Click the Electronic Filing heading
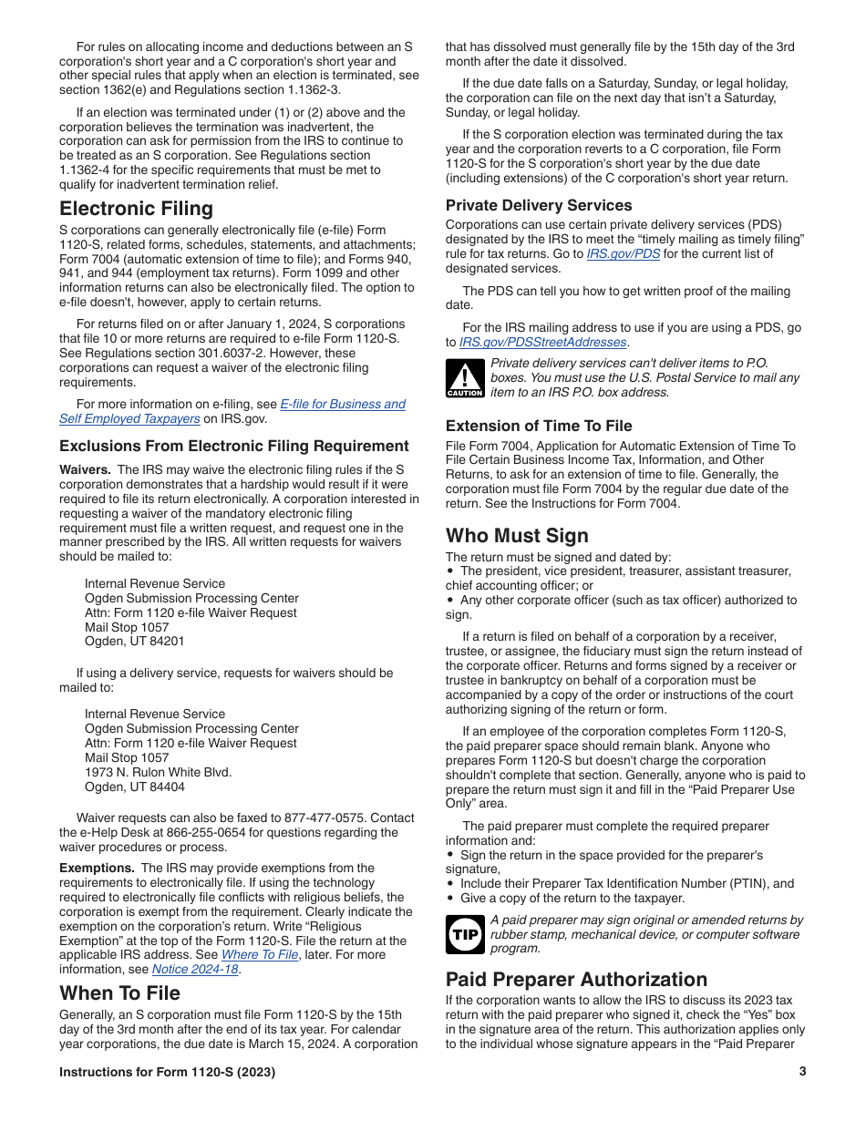pyautogui.click(x=136, y=209)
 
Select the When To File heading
pyautogui.click(x=119, y=992)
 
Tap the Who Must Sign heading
pyautogui.click(x=517, y=535)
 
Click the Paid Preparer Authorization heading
pyautogui.click(x=576, y=979)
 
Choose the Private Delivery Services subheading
pyautogui.click(x=538, y=205)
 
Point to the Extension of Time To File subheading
pyautogui.click(x=538, y=426)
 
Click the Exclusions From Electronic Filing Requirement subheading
pyautogui.click(x=234, y=446)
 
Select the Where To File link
pyautogui.click(x=260, y=955)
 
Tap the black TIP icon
pyautogui.click(x=464, y=934)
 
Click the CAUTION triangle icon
pyautogui.click(x=464, y=378)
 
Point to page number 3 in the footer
pyautogui.click(x=802, y=1072)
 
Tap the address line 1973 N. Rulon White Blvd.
pyautogui.click(x=158, y=773)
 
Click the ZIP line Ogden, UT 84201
pyautogui.click(x=134, y=642)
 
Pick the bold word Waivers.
pyautogui.click(x=85, y=470)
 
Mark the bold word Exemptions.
pyautogui.click(x=97, y=869)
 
